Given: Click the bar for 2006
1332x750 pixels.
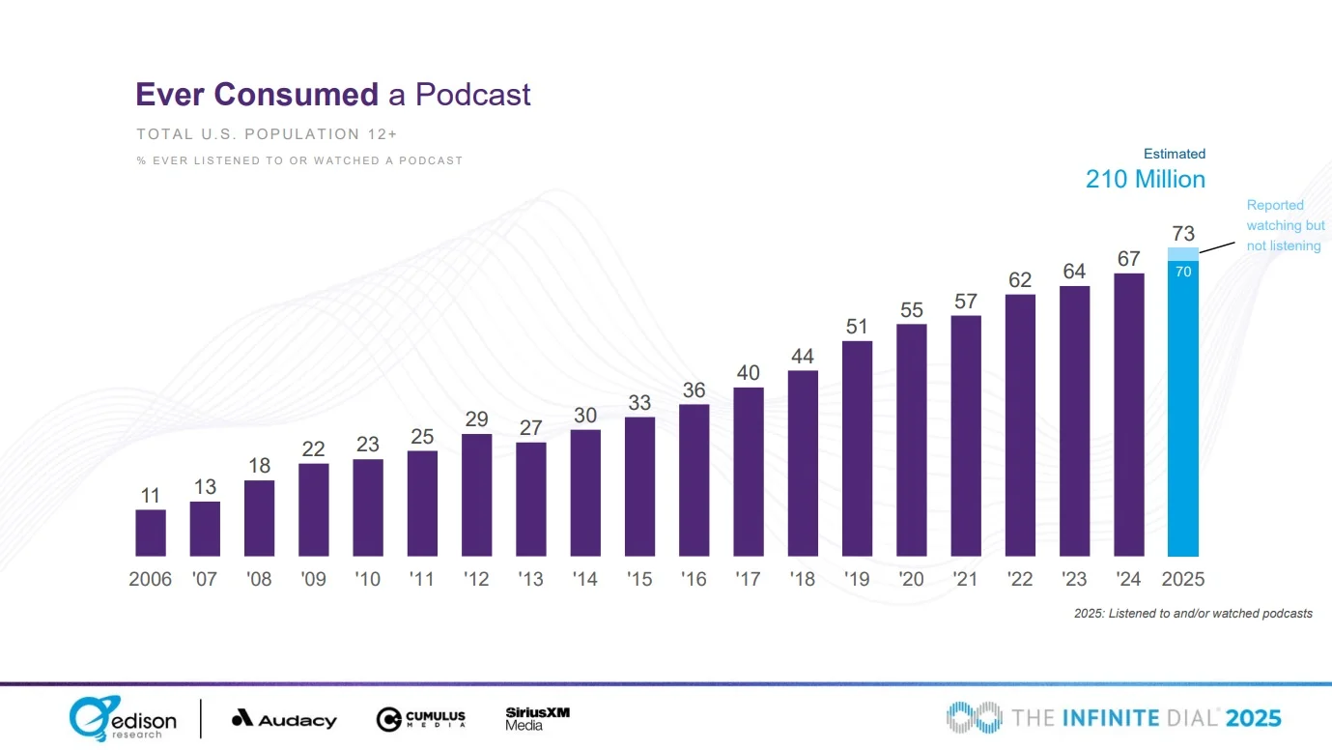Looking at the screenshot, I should click(151, 533).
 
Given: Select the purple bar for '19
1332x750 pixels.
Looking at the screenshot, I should click(857, 448).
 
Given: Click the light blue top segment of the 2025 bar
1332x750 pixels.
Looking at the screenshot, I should click(1183, 254).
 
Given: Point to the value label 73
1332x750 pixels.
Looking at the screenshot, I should click(1183, 233).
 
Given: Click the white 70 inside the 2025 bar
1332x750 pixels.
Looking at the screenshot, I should click(1183, 273).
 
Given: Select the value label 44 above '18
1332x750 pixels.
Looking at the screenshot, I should click(803, 356).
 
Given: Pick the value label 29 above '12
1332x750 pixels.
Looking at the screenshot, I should click(476, 419).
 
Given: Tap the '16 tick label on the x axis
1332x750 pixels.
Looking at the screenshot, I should click(694, 579).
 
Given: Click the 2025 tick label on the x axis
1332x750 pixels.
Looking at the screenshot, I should click(1183, 579).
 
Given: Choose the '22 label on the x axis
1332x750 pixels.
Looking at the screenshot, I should click(1020, 579).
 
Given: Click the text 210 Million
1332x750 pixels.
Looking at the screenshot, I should click(1145, 180).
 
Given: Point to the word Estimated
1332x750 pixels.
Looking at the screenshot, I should click(1175, 154).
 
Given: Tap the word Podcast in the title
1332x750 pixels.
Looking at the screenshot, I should click(473, 95).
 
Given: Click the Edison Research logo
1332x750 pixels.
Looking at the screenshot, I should click(123, 719).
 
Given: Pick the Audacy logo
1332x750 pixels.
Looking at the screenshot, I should click(284, 719).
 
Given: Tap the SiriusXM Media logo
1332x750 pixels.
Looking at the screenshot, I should click(537, 718).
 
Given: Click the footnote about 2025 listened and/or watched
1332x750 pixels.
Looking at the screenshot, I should click(1193, 614).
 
